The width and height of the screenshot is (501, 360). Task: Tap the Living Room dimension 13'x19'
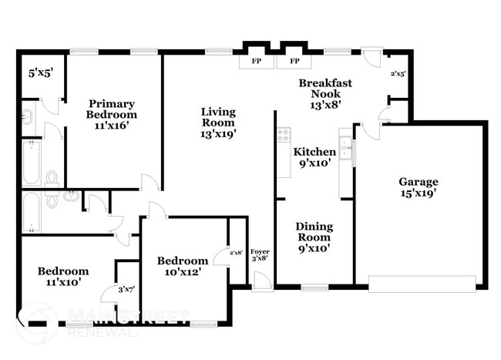point(218,133)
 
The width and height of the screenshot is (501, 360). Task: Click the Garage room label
point(419,182)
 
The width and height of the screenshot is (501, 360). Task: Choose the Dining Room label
point(314,232)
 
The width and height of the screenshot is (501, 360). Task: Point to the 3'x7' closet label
point(127,289)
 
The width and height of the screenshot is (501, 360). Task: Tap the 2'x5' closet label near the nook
point(398,74)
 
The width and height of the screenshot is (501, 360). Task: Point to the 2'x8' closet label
point(236,252)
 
